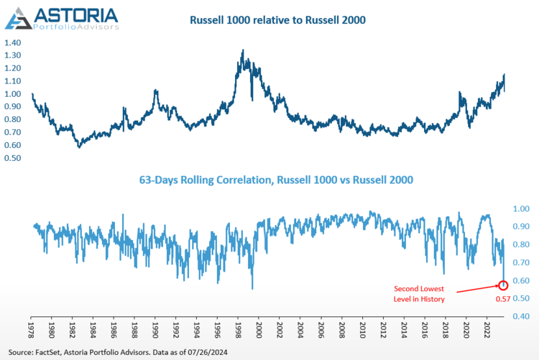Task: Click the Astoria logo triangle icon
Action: click(x=19, y=18)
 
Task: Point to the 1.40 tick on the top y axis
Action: click(x=12, y=42)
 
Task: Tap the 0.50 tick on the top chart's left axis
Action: click(x=12, y=158)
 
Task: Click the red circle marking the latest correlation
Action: click(x=503, y=286)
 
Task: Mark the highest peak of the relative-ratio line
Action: click(x=242, y=50)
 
